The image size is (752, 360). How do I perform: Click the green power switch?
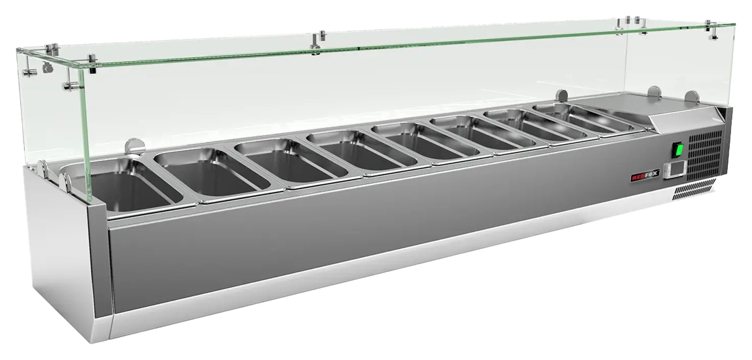point(678,150)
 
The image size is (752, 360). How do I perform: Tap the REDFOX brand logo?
point(644,175)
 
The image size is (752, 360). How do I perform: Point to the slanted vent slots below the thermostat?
point(694,190)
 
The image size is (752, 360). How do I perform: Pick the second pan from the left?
point(212,173)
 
